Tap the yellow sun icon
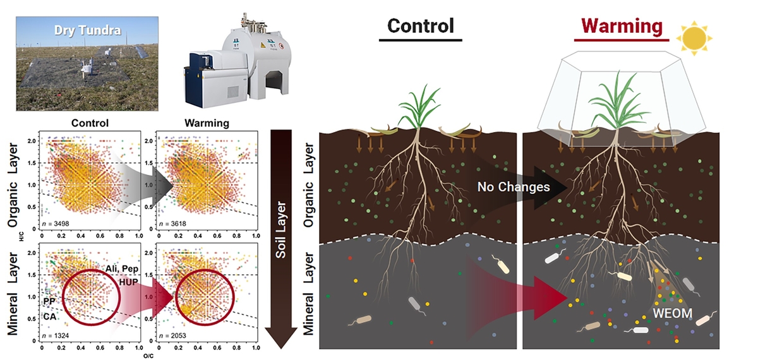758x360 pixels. [694, 39]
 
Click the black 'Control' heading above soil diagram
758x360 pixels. [420, 26]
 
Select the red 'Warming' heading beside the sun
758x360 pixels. [622, 26]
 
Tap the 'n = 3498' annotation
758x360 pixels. [57, 224]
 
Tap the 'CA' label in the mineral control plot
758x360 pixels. [50, 315]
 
